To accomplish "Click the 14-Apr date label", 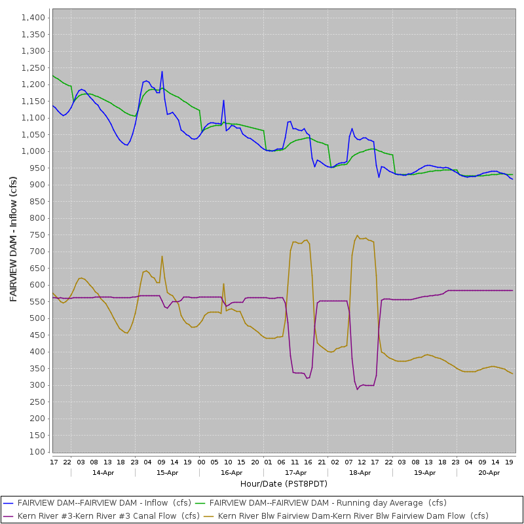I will pos(103,472).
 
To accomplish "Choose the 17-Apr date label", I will pos(296,472).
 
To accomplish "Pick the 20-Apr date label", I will pos(489,472).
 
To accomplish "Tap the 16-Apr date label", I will pos(232,472).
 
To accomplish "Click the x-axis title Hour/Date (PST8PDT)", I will pos(284,483).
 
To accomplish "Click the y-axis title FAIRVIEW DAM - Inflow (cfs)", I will pos(14,239).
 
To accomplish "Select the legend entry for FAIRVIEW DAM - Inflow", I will pos(104,503).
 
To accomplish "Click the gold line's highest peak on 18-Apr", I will pos(358,236).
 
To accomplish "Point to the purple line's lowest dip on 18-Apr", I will pos(358,389).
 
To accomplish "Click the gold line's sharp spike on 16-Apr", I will pos(223,284).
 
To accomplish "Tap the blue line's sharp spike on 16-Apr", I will pos(223,100).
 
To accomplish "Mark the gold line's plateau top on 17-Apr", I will pos(300,242).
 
